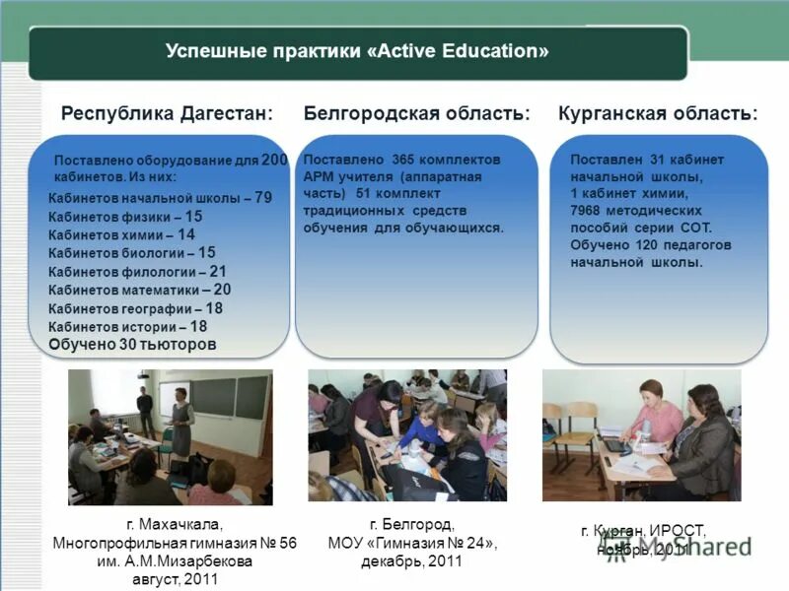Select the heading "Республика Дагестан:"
167,114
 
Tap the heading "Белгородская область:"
416,114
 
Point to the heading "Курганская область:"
658,114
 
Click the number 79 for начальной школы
263,198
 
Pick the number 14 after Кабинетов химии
186,234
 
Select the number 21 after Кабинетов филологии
218,271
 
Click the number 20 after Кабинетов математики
222,290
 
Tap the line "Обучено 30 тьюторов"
132,345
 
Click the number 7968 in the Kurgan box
586,211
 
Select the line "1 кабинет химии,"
623,194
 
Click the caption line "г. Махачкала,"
175,524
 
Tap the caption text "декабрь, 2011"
413,560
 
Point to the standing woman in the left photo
181,424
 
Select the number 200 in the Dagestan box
275,160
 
